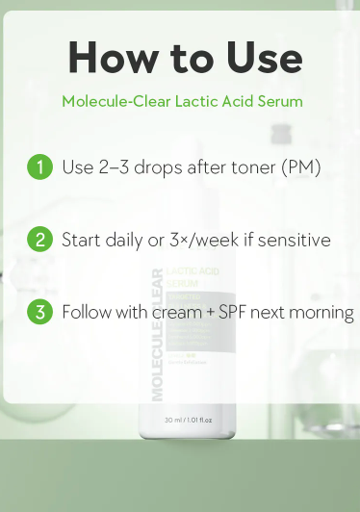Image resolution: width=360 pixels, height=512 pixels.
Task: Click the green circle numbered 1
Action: [39, 166]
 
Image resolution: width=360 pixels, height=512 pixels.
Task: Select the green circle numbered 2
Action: [39, 240]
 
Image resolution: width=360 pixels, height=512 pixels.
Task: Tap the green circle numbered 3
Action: [39, 313]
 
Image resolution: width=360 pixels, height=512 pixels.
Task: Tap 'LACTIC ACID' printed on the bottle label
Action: [193, 273]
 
